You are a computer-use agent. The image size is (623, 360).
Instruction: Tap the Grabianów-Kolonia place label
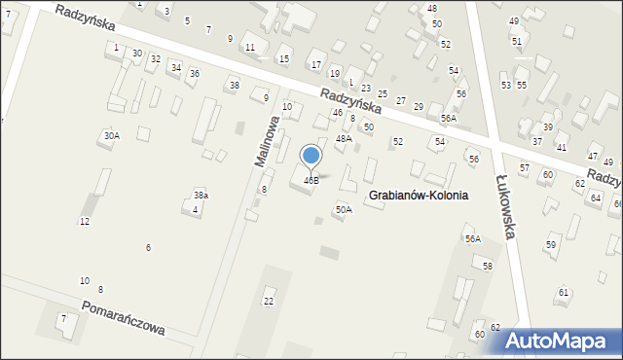419,195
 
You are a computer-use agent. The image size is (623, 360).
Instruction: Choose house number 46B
311,180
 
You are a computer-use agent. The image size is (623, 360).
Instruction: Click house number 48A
344,139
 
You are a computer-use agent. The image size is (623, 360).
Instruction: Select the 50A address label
344,209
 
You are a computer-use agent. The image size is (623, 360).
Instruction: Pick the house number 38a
201,196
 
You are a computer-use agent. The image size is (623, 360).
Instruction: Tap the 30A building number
112,136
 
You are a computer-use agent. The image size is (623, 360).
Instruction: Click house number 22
269,301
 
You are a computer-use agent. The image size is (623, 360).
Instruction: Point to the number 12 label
85,222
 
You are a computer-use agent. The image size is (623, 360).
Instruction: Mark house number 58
488,266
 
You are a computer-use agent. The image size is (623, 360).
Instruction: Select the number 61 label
564,292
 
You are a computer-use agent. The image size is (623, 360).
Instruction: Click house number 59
551,245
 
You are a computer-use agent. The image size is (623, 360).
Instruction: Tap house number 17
315,65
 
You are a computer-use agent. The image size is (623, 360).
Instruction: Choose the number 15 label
284,59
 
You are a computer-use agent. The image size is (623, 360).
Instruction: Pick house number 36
194,74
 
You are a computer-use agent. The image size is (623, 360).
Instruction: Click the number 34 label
175,67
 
